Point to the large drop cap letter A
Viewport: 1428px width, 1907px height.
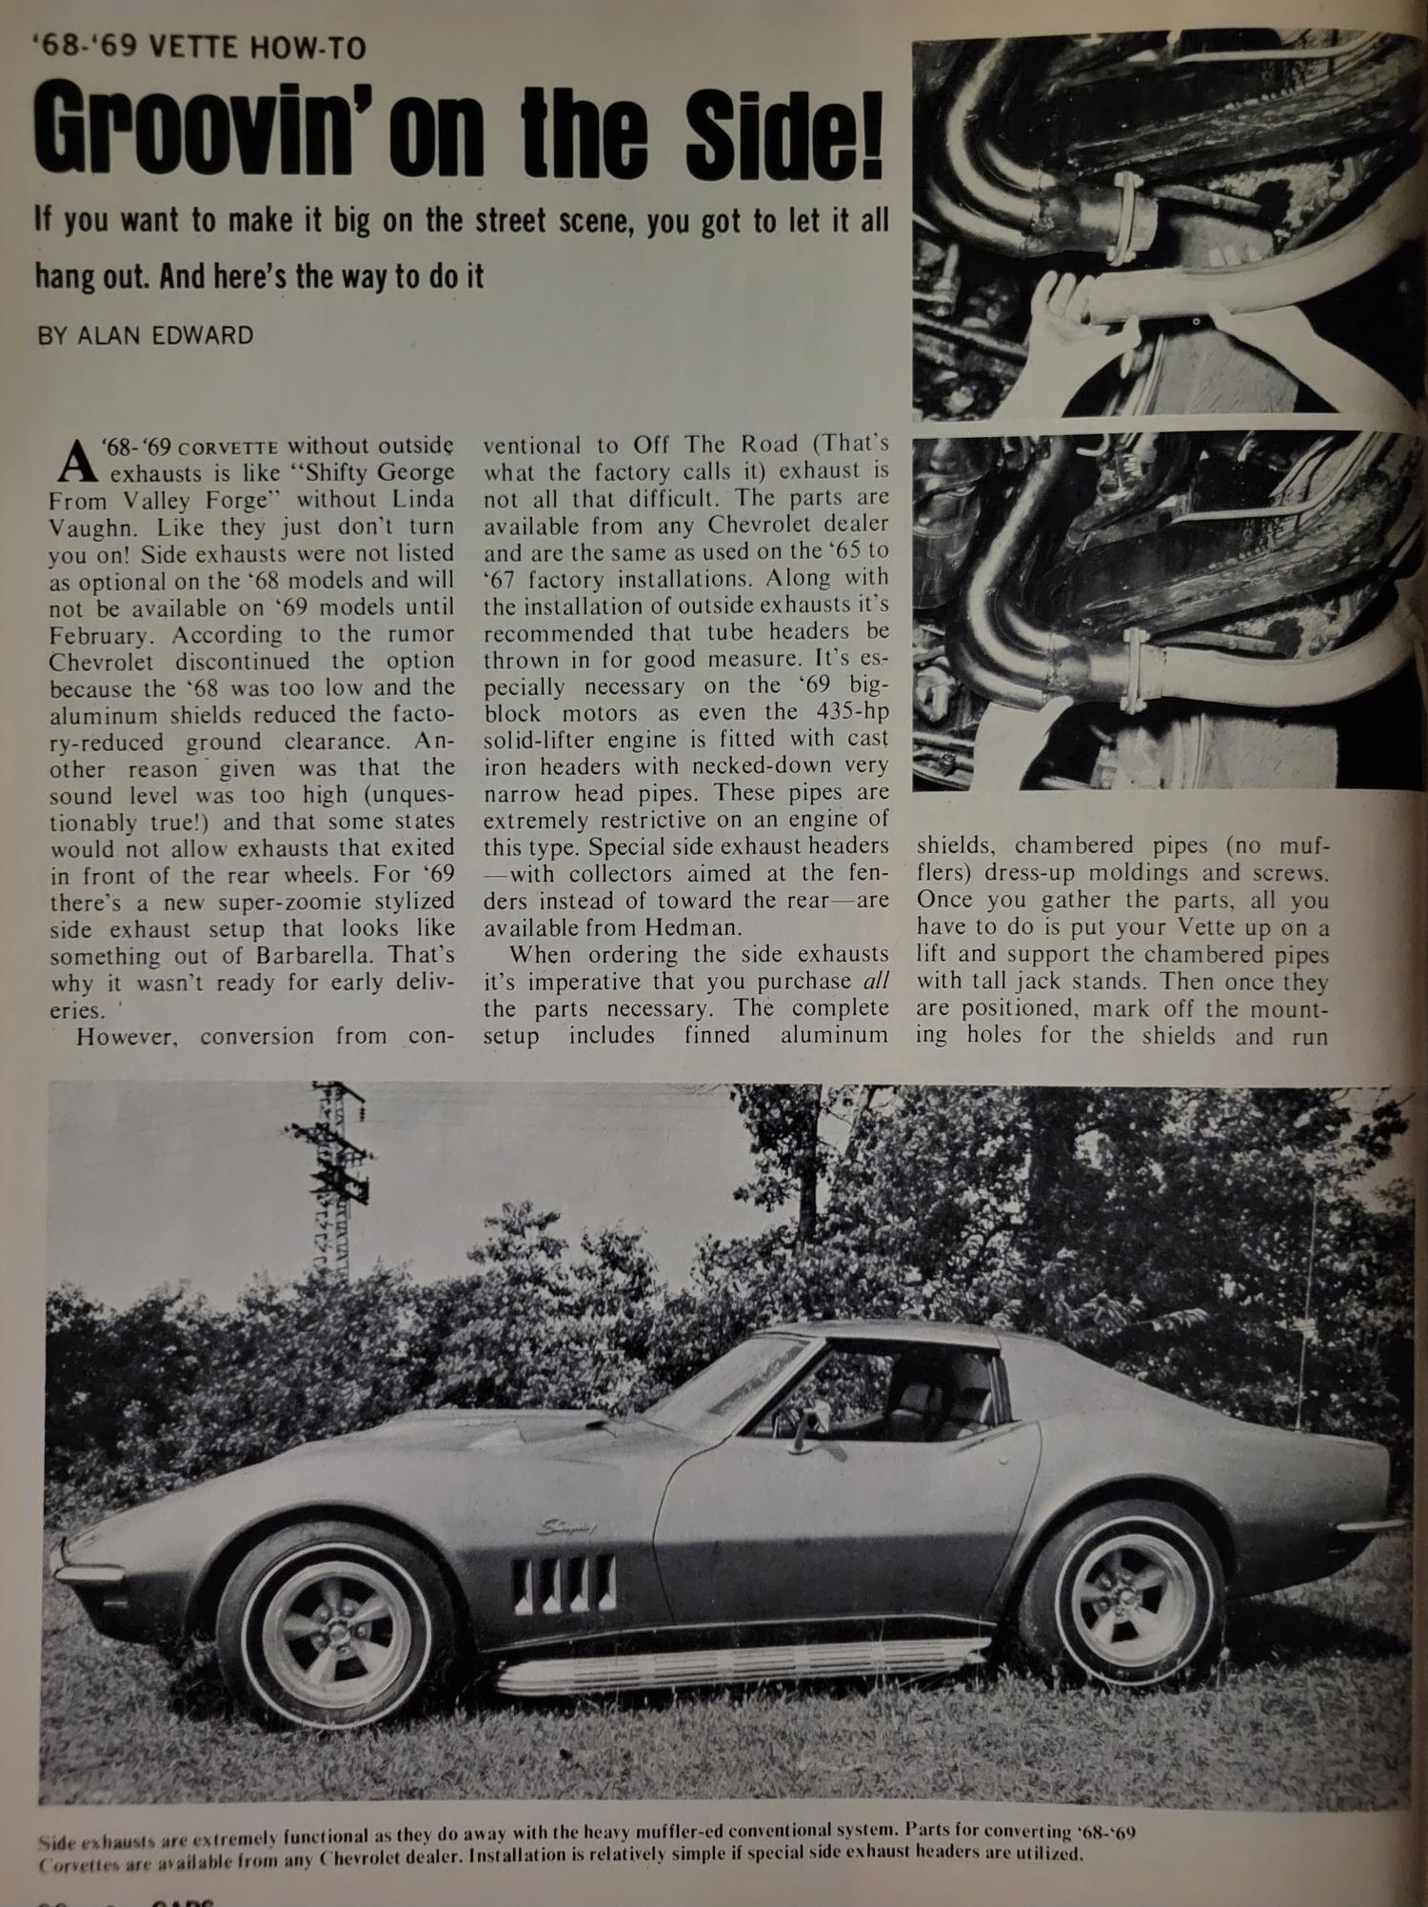[76, 462]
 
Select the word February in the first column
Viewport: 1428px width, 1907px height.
[99, 634]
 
